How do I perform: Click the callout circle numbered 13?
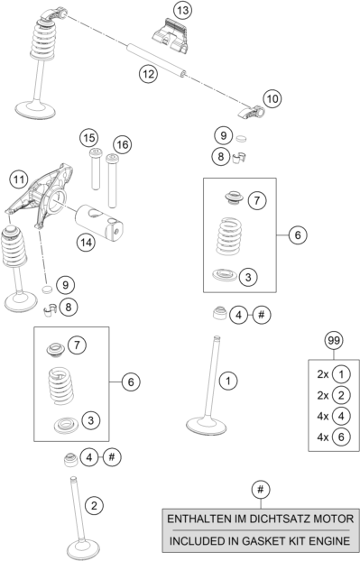pyautogui.click(x=182, y=11)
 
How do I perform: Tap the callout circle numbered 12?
pyautogui.click(x=148, y=74)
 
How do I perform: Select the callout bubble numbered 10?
pyautogui.click(x=272, y=98)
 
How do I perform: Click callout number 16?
pyautogui.click(x=122, y=144)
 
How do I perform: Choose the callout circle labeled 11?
pyautogui.click(x=19, y=179)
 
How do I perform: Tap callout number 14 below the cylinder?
pyautogui.click(x=86, y=243)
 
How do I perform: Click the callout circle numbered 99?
pyautogui.click(x=334, y=340)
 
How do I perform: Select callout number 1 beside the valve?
pyautogui.click(x=228, y=381)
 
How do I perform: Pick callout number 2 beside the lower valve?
pyautogui.click(x=94, y=506)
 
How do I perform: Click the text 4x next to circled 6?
pyautogui.click(x=322, y=437)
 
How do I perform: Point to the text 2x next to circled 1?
pyautogui.click(x=322, y=374)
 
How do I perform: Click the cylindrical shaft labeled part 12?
pyautogui.click(x=156, y=60)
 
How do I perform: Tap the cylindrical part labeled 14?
pyautogui.click(x=98, y=223)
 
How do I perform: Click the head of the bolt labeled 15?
pyautogui.click(x=96, y=153)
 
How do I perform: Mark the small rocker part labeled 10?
pyautogui.click(x=252, y=112)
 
